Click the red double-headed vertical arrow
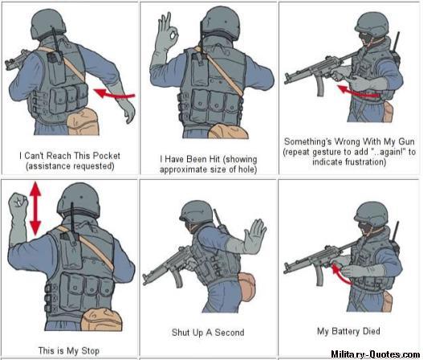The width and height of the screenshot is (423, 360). coord(35,208)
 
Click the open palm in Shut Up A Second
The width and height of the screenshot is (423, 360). coord(254,235)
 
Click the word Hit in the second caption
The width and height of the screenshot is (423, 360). coord(214,159)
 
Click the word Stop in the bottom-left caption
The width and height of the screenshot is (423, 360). coord(90,350)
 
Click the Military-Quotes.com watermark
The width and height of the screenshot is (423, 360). coord(376,354)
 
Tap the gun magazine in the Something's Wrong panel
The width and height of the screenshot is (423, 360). coord(320,85)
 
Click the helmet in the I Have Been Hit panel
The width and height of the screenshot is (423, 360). coord(220,22)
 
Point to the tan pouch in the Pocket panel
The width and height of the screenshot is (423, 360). coord(83,121)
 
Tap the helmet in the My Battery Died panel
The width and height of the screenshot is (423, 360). coord(371,214)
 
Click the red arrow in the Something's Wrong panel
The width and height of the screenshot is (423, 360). coord(358,92)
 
